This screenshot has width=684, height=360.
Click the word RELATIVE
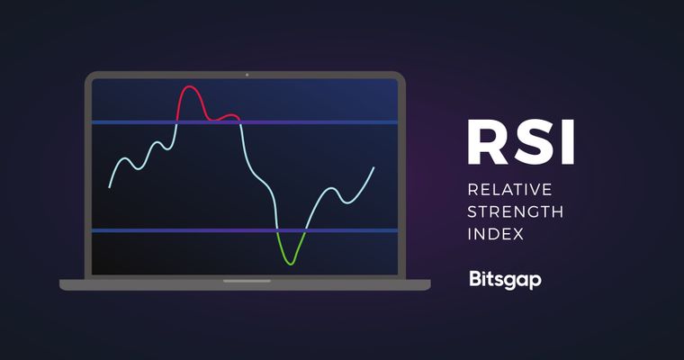(509, 190)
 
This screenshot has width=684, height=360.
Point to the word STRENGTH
(515, 212)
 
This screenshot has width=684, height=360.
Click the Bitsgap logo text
(505, 280)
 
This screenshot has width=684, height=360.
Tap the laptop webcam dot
(246, 75)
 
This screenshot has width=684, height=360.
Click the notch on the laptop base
(246, 281)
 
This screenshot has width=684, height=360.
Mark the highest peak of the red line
(190, 87)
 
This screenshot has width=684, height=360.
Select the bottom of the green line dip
(289, 263)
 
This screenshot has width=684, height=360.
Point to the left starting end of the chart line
(109, 186)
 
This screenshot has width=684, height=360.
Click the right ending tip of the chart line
(373, 167)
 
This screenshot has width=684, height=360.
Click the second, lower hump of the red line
(230, 116)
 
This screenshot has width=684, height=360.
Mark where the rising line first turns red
(176, 122)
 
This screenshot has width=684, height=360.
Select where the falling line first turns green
(277, 231)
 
